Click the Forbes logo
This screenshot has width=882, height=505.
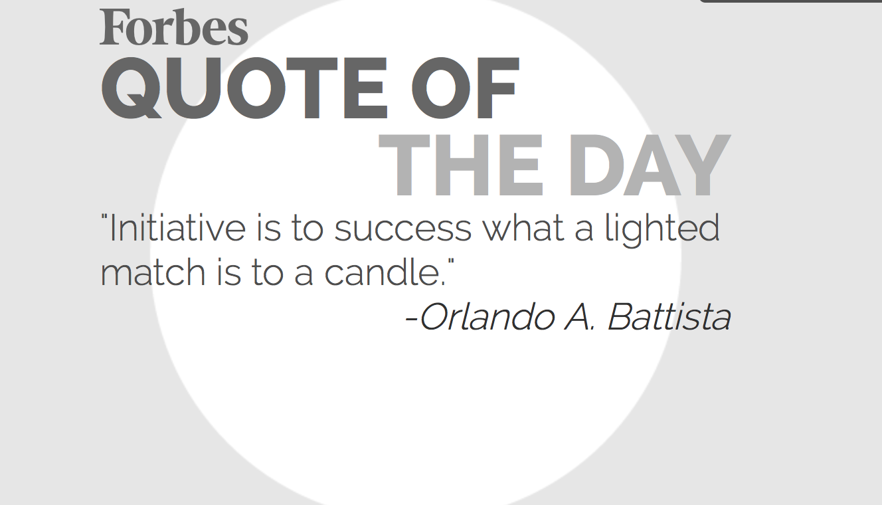tap(173, 27)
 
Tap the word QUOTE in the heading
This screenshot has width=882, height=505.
tap(244, 88)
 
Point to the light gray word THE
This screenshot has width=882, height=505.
tap(462, 165)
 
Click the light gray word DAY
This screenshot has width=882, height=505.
tap(650, 165)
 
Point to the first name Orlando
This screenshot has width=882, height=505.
tap(487, 316)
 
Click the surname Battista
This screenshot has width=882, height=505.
tap(669, 316)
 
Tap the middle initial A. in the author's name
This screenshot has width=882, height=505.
tap(578, 316)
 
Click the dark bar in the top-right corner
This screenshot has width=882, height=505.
tap(790, 1)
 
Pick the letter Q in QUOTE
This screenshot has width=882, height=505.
tap(132, 88)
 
